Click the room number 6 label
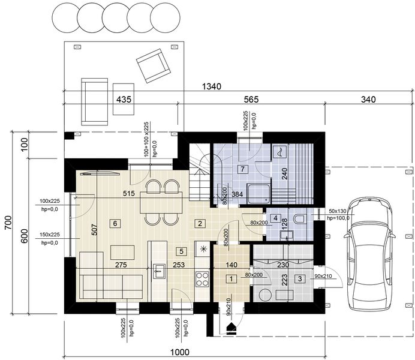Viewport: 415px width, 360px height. point(115,223)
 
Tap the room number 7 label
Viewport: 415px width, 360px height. point(243,169)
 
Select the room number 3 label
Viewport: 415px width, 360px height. point(300,279)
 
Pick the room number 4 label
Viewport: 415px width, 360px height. point(276,218)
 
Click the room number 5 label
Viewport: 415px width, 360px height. point(181,251)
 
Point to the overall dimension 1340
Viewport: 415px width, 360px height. point(212,86)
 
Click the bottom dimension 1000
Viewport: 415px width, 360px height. point(180,352)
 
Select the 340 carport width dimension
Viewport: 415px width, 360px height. point(368,99)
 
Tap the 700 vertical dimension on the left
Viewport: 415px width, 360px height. point(8,223)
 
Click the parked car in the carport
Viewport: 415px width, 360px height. point(370,253)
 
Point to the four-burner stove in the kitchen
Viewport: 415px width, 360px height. point(203,279)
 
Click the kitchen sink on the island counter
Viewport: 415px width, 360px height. point(158,271)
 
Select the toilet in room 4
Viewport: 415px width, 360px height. point(300,219)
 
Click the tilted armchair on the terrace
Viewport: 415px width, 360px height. point(153,65)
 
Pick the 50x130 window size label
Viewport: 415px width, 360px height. point(338,211)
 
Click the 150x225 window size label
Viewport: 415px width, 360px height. point(50,235)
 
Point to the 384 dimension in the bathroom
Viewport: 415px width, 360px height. point(237,194)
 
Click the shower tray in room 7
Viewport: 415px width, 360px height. point(258,194)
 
